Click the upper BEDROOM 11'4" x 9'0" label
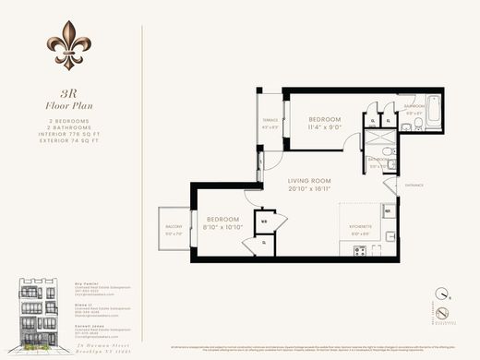(x=324, y=123)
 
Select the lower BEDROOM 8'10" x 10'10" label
(x=221, y=222)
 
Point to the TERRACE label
(x=270, y=123)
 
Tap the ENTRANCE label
(x=413, y=185)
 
